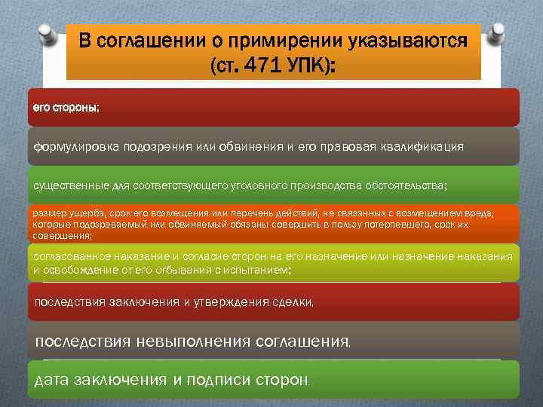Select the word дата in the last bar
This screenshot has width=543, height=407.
[52, 380]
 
